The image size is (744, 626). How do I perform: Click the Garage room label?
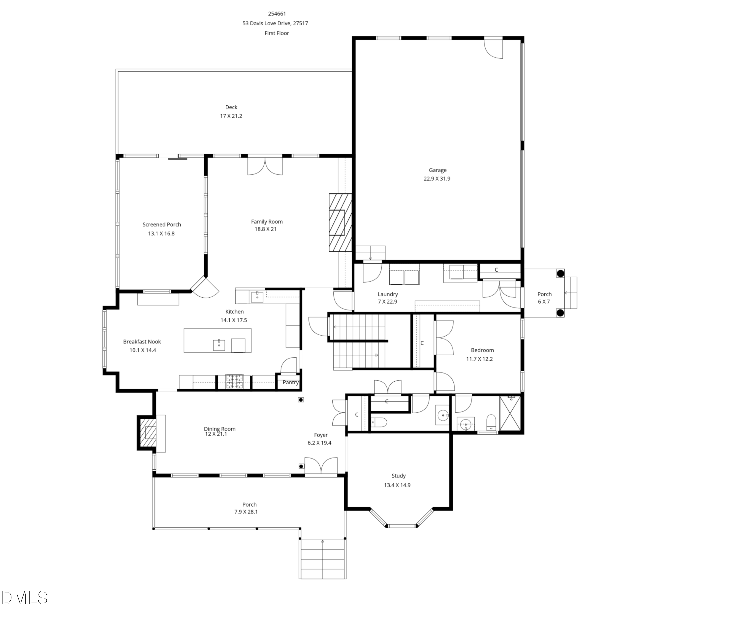click(437, 170)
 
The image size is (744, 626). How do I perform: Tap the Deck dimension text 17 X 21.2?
click(231, 116)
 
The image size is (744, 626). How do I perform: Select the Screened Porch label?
click(162, 225)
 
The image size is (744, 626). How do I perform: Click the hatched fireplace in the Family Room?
click(340, 223)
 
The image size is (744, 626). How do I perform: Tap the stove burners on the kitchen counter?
click(234, 381)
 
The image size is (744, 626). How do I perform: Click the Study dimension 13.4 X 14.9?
click(397, 485)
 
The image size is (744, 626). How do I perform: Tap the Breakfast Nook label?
click(142, 342)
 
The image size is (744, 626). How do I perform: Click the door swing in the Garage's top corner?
click(494, 49)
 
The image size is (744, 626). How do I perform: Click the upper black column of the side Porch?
click(560, 273)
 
